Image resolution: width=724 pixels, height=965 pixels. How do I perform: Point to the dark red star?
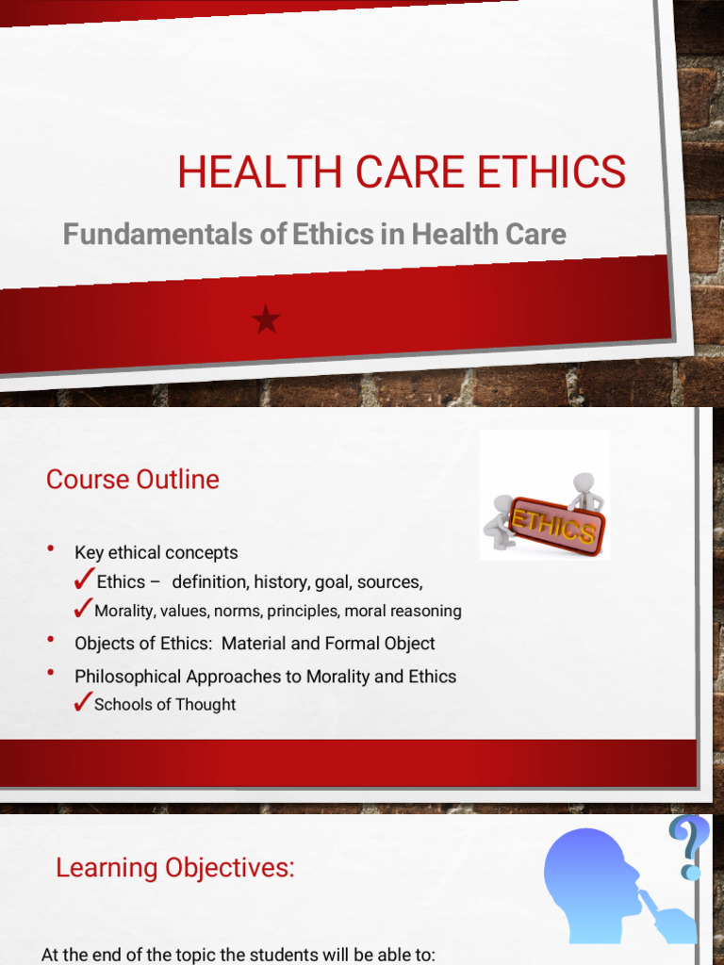pos(267,321)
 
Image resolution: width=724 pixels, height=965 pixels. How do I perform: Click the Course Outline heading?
pos(133,479)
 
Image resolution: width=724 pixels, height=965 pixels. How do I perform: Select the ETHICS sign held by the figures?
pos(553,525)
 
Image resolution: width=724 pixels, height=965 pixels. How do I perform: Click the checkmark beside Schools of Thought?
pos(82,702)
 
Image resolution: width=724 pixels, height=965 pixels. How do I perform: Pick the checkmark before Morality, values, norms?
pos(82,609)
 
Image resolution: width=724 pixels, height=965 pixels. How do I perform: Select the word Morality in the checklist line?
pos(123,611)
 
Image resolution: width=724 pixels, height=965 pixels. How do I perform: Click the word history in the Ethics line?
pos(279,581)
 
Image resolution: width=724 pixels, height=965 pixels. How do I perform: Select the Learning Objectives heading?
pos(175,867)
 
